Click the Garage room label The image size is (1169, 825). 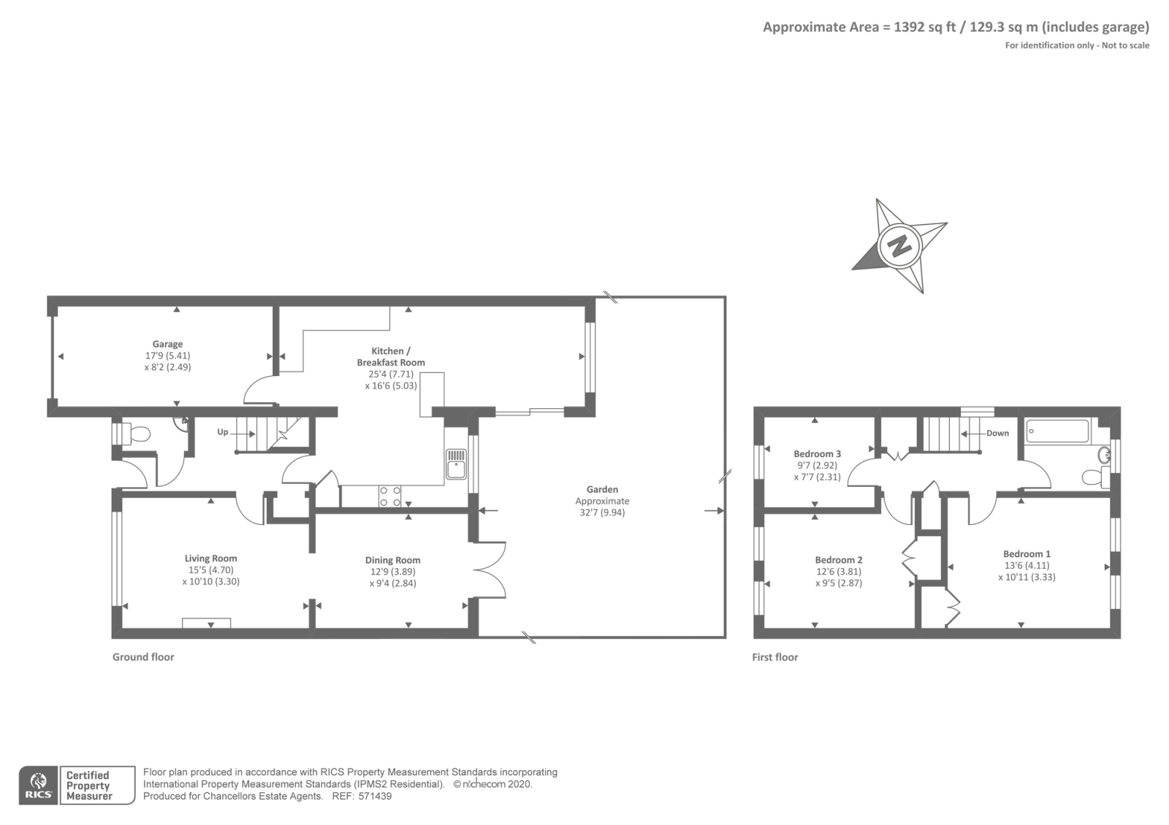click(167, 344)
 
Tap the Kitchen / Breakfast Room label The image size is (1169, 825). click(391, 357)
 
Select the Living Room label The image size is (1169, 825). click(211, 558)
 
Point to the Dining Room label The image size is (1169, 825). click(392, 560)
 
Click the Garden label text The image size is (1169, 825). click(602, 489)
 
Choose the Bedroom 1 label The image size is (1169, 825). click(1027, 554)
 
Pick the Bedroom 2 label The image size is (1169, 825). click(839, 559)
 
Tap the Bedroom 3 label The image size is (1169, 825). click(818, 453)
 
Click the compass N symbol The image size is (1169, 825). click(899, 245)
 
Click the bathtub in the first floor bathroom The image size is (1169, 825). click(1057, 431)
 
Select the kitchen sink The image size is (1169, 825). click(456, 464)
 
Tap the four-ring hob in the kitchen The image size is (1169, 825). click(390, 496)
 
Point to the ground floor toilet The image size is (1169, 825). click(132, 434)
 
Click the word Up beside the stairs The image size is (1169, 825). click(223, 432)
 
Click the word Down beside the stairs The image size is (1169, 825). click(997, 434)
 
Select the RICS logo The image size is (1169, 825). click(38, 786)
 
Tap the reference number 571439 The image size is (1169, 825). click(375, 797)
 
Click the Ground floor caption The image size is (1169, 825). click(143, 657)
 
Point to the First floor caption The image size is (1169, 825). click(775, 657)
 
